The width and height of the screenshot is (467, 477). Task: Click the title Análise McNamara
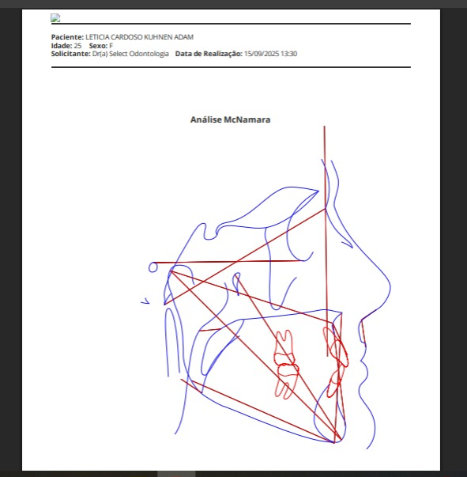click(230, 119)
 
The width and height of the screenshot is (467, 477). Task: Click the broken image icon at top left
click(55, 18)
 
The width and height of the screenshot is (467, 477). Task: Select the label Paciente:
click(67, 37)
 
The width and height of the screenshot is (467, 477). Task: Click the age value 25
click(77, 46)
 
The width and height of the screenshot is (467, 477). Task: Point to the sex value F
click(111, 46)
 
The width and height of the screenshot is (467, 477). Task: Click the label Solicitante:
click(71, 54)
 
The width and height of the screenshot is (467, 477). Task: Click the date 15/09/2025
click(262, 54)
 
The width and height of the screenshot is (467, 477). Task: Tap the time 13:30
click(288, 54)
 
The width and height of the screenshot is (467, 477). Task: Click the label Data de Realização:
click(209, 54)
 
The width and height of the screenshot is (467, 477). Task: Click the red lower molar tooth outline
click(286, 380)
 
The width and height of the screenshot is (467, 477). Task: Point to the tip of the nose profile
click(390, 286)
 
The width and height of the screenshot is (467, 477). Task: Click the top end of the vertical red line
click(324, 126)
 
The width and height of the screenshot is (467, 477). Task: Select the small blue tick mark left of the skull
click(145, 301)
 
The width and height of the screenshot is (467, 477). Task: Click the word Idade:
click(62, 46)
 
